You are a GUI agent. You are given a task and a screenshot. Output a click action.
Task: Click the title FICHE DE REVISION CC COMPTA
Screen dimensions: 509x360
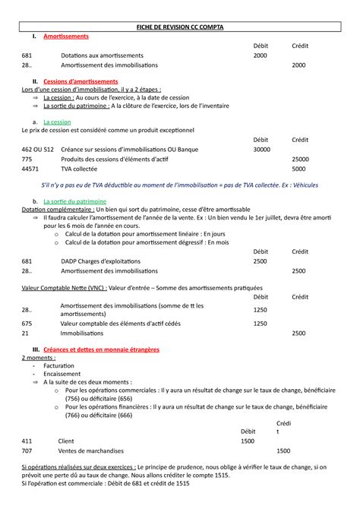(x=180, y=27)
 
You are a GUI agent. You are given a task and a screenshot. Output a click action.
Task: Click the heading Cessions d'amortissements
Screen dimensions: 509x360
(x=81, y=81)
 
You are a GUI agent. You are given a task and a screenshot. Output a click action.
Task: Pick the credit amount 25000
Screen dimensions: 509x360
(x=300, y=160)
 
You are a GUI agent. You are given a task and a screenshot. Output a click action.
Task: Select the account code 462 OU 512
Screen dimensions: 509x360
(x=37, y=150)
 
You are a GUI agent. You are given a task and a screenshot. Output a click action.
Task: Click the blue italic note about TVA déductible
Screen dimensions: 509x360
(x=179, y=185)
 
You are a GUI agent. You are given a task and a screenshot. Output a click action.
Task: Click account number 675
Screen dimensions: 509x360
(x=27, y=323)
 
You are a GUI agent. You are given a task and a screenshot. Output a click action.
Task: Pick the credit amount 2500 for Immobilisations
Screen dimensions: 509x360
(x=298, y=333)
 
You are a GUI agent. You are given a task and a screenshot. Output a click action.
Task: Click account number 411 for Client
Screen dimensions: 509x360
(x=27, y=441)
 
